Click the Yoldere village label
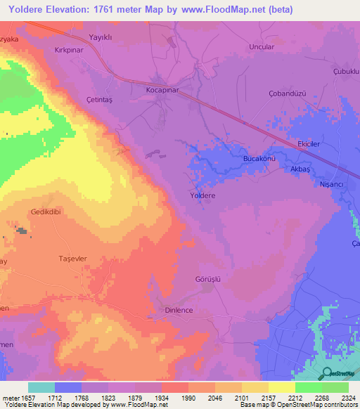pyautogui.click(x=202, y=196)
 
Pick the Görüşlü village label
pyautogui.click(x=207, y=278)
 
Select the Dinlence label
pyautogui.click(x=179, y=310)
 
